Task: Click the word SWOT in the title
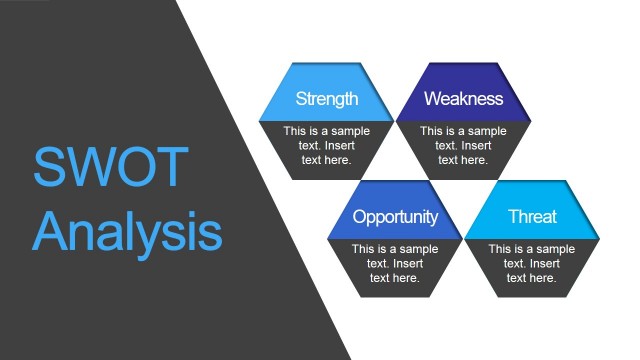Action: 109,167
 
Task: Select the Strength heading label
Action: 326,99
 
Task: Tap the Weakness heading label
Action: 463,99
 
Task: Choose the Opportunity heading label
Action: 395,217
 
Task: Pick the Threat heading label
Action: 532,217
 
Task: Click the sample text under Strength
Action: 326,145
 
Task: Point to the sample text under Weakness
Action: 463,145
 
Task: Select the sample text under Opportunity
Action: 395,263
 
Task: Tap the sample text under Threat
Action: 532,263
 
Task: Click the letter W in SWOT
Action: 88,167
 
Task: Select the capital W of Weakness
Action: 432,99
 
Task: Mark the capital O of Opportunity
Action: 360,217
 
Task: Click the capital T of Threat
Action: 513,217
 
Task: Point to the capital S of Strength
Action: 301,99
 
